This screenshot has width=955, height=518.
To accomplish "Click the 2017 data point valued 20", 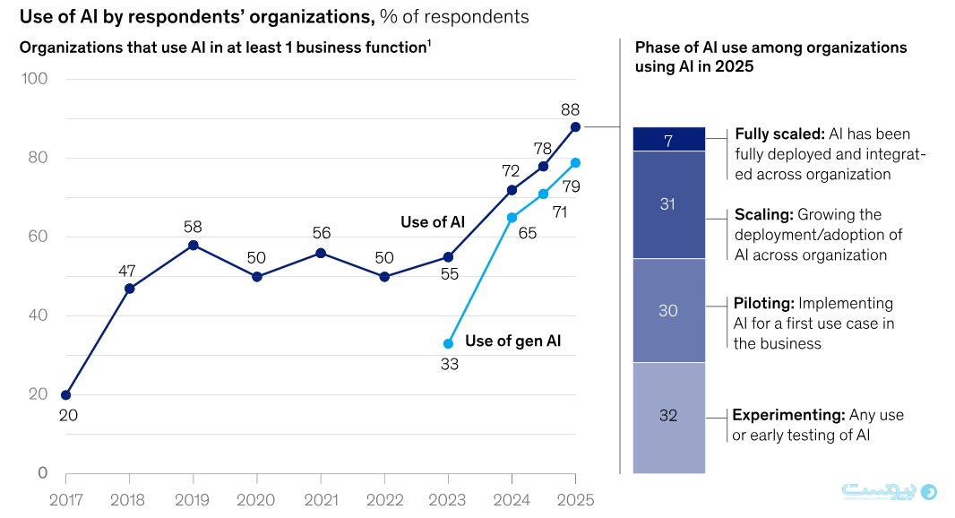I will pos(65,394).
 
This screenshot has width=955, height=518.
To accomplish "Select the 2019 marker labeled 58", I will pos(193,245).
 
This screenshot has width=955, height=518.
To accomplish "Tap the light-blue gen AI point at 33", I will pos(448,343).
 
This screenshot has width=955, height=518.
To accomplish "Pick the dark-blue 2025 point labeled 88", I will pos(575,126).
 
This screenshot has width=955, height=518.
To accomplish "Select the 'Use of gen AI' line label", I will pos(513,341).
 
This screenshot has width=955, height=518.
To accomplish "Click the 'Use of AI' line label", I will pos(432,221).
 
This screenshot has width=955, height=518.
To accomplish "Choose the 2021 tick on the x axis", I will pos(320,500).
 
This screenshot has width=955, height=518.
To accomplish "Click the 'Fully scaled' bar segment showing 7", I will pos(668,139).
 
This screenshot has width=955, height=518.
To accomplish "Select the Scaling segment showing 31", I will pos(668,204).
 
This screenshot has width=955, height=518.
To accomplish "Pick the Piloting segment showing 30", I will pos(668,310).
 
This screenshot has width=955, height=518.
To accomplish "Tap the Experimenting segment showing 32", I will pos(668,416).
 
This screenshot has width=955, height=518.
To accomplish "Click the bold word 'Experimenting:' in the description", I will pos(788,415).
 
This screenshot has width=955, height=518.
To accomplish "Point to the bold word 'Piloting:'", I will pos(763,303).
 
